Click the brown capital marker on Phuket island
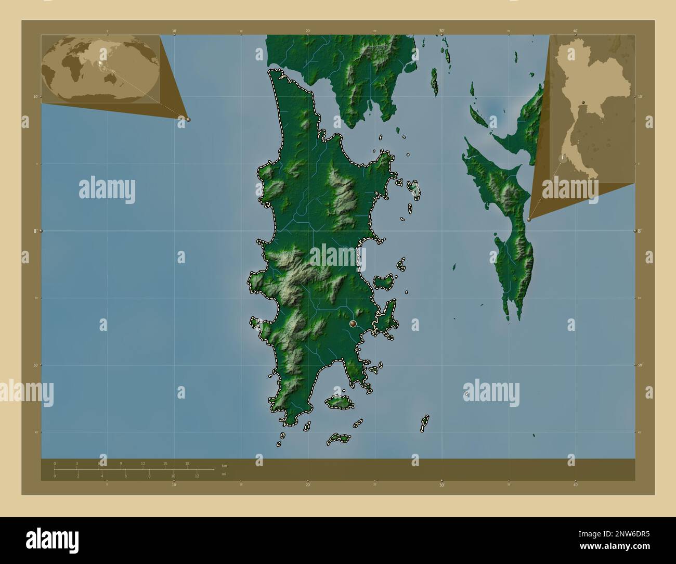353,324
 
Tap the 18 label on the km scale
187,463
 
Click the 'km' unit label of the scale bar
224,466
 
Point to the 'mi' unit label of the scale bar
224,474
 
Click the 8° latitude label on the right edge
640,230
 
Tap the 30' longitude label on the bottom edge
442,485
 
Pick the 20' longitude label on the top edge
308,31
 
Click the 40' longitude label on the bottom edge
576,485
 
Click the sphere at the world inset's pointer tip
188,119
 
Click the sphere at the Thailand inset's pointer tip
529,220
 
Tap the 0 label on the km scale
55,463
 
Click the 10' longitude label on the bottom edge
174,485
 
